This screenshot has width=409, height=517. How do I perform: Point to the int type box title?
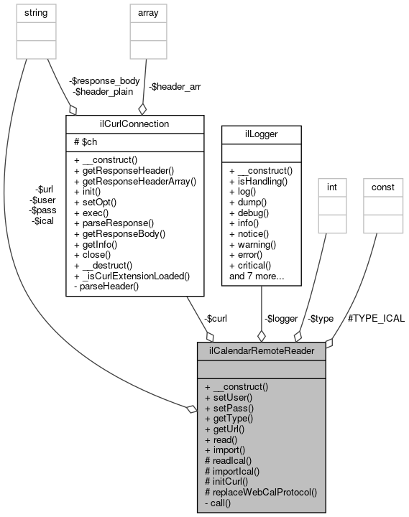pyautogui.click(x=331, y=187)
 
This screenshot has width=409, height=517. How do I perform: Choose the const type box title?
pyautogui.click(x=382, y=187)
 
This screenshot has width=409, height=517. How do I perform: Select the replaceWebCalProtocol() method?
pyautogui.click(x=261, y=493)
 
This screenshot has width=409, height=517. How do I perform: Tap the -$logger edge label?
pyautogui.click(x=281, y=318)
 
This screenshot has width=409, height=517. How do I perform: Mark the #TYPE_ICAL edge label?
pyautogui.click(x=376, y=318)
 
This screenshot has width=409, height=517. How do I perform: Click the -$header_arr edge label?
pyautogui.click(x=175, y=86)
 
